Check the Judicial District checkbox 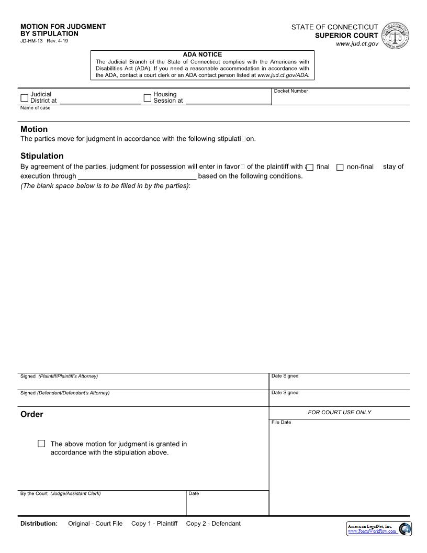tap(24, 98)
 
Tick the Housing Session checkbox tap(147, 98)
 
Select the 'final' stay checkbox tap(310, 168)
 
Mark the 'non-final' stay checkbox tap(340, 168)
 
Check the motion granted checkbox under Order tap(41, 444)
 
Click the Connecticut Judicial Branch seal tap(396, 36)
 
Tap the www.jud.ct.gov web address tap(357, 44)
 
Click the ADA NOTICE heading tap(202, 54)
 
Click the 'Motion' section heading tap(34, 129)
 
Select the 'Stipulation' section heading tap(42, 156)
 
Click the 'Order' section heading tap(32, 414)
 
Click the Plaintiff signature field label tap(59, 376)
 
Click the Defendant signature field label tap(65, 393)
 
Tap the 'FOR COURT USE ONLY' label tap(339, 412)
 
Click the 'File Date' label tap(281, 422)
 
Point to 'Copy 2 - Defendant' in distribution tap(213, 524)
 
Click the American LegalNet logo tap(379, 528)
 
